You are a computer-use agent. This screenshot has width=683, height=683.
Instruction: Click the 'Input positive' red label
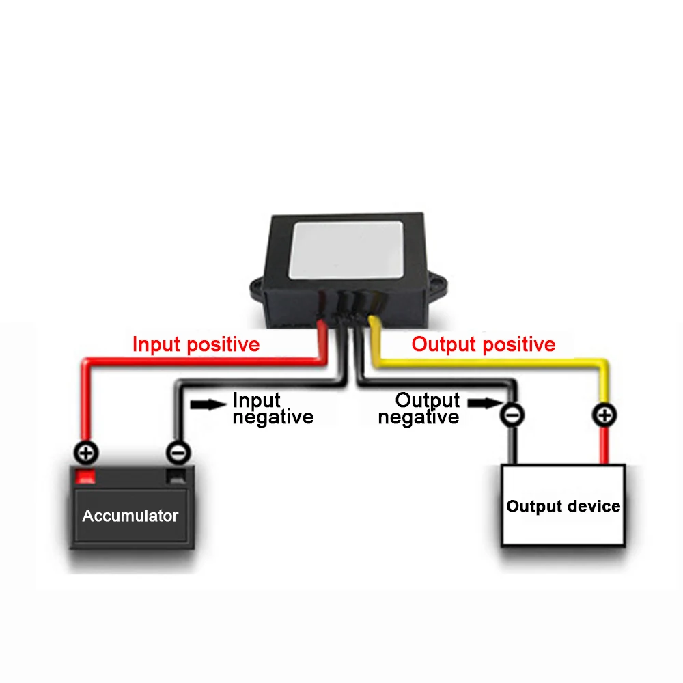coord(196,344)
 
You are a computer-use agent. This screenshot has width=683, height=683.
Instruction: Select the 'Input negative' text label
coord(273,408)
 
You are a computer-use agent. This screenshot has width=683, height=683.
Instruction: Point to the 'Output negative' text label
coord(419,408)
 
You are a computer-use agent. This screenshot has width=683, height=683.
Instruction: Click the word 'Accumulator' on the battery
coord(130,516)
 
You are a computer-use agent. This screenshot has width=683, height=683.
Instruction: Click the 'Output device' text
coord(563,507)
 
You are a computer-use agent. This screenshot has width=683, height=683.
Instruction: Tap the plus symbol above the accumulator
coord(87,451)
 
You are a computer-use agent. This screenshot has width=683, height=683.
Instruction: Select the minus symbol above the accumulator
coord(178,451)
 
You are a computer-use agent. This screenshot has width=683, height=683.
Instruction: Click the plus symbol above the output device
coord(604,414)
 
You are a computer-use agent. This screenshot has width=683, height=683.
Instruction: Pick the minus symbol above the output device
coord(513,414)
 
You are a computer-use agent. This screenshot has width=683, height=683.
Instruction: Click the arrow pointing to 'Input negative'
coord(207,404)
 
